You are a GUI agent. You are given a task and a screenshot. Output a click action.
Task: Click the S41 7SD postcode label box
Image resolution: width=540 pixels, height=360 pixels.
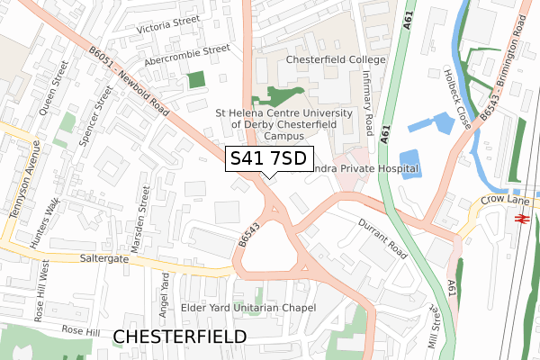click(268, 159)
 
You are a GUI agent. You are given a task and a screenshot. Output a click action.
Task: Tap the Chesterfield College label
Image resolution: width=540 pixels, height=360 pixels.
click(336, 59)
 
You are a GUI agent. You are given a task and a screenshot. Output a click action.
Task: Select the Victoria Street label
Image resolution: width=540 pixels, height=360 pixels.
click(167, 28)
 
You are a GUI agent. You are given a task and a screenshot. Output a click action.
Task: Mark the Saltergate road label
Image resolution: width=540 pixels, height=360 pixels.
click(55, 257)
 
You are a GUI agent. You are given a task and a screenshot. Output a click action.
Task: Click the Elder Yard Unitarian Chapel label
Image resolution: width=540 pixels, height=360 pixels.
click(248, 308)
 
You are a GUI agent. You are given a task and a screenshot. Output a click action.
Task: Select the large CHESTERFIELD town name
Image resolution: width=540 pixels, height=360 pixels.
click(180, 336)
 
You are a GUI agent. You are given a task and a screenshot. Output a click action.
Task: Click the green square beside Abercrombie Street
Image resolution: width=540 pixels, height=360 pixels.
click(196, 80)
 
